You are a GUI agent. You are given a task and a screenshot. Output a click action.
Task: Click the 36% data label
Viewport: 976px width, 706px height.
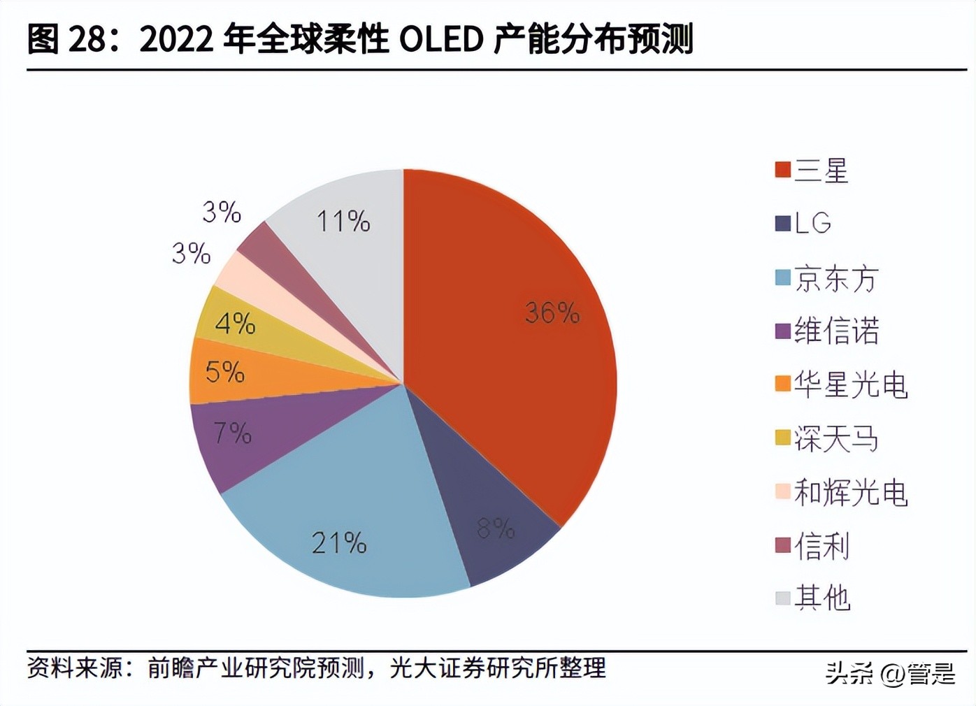(552, 312)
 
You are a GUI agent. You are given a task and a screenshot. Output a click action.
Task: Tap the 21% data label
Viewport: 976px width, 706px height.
(339, 543)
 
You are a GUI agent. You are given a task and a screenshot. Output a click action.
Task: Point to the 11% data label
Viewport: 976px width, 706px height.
(343, 222)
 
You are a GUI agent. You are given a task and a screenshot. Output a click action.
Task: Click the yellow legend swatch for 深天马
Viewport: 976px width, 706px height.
(782, 438)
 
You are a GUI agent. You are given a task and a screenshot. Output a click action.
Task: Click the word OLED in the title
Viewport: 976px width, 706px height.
(441, 39)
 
